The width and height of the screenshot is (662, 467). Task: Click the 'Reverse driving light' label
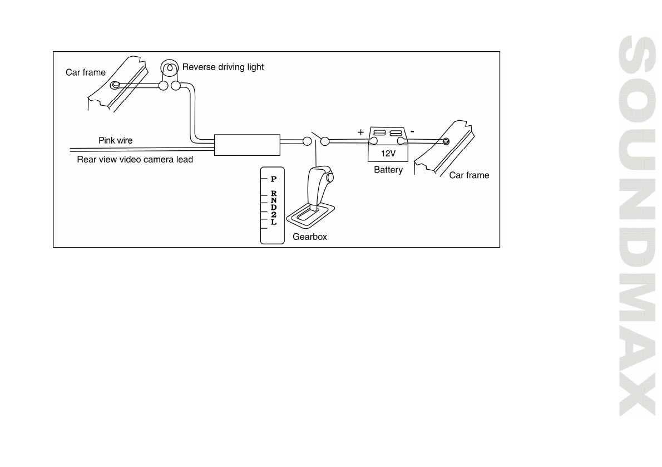[x=223, y=67]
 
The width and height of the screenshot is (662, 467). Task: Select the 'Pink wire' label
[x=116, y=140]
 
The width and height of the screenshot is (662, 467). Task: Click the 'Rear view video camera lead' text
[x=135, y=159]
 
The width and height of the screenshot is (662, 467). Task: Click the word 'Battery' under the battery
[x=388, y=170]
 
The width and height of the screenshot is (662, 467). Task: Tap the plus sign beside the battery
[x=360, y=132]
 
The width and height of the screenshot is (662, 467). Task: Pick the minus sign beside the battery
[x=411, y=132]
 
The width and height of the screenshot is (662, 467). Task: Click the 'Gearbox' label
[x=309, y=237]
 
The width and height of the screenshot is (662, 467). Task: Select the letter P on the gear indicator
[x=273, y=180]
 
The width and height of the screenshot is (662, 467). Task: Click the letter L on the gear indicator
[x=273, y=222]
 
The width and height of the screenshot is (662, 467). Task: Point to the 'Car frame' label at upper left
[x=86, y=72]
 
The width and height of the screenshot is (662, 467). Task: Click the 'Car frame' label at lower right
[x=469, y=175]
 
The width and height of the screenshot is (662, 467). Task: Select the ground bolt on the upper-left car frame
[x=116, y=85]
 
